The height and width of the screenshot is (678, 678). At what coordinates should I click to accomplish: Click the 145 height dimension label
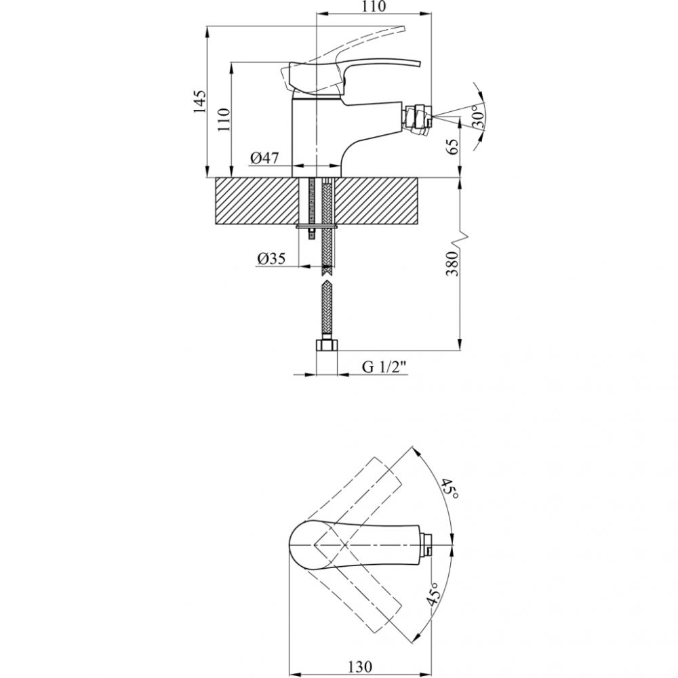(199, 102)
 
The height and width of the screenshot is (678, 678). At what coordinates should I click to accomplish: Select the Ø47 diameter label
(264, 158)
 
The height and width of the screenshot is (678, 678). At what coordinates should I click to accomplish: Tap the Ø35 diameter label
(271, 258)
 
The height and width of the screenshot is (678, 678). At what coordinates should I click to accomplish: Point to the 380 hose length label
(452, 263)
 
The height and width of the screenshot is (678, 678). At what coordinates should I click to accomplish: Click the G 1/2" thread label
(384, 367)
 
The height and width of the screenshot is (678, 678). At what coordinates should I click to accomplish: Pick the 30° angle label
(478, 115)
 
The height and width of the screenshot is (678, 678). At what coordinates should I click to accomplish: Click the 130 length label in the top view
(359, 666)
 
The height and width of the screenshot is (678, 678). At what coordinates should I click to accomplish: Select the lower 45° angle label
(433, 593)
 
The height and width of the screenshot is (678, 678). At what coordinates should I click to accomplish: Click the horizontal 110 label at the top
(373, 7)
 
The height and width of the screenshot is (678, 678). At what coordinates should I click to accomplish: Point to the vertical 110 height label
(224, 120)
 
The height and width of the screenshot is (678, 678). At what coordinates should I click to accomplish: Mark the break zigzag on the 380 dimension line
(462, 238)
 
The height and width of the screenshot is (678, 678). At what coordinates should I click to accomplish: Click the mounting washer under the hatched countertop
(317, 226)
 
